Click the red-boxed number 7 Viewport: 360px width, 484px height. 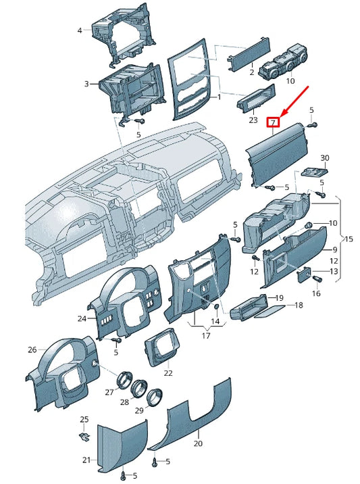[x=273, y=122]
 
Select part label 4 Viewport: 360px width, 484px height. [x=80, y=30]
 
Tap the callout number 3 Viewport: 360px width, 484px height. [x=86, y=84]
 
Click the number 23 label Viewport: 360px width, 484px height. [x=253, y=120]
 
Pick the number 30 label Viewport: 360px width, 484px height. [x=324, y=158]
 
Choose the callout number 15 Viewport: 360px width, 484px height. [x=349, y=239]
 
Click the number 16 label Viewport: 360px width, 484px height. [x=316, y=293]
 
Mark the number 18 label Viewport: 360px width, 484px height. [x=299, y=305]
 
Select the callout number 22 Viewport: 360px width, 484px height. [x=168, y=373]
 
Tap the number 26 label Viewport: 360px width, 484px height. [x=32, y=349]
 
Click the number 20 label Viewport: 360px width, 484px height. [x=198, y=443]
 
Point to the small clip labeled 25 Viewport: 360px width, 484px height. [x=84, y=437]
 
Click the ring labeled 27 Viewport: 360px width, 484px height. [x=124, y=379]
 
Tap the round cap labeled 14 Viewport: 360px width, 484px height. [x=216, y=308]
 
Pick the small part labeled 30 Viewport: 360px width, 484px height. [x=314, y=172]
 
